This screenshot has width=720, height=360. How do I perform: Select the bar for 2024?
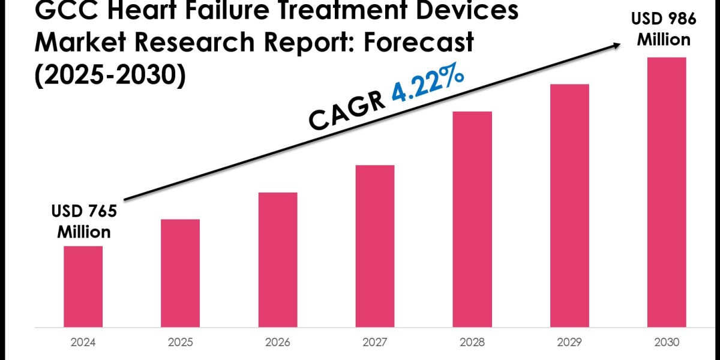[x=83, y=287]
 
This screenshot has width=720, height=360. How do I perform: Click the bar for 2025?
[x=180, y=273]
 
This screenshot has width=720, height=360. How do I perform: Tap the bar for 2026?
[x=278, y=260]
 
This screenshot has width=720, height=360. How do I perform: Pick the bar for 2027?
[x=375, y=246]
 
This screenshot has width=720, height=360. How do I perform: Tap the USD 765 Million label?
[x=84, y=221]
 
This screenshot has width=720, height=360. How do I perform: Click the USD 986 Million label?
[x=664, y=29]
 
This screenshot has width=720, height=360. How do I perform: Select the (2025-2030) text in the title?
[x=95, y=75]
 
